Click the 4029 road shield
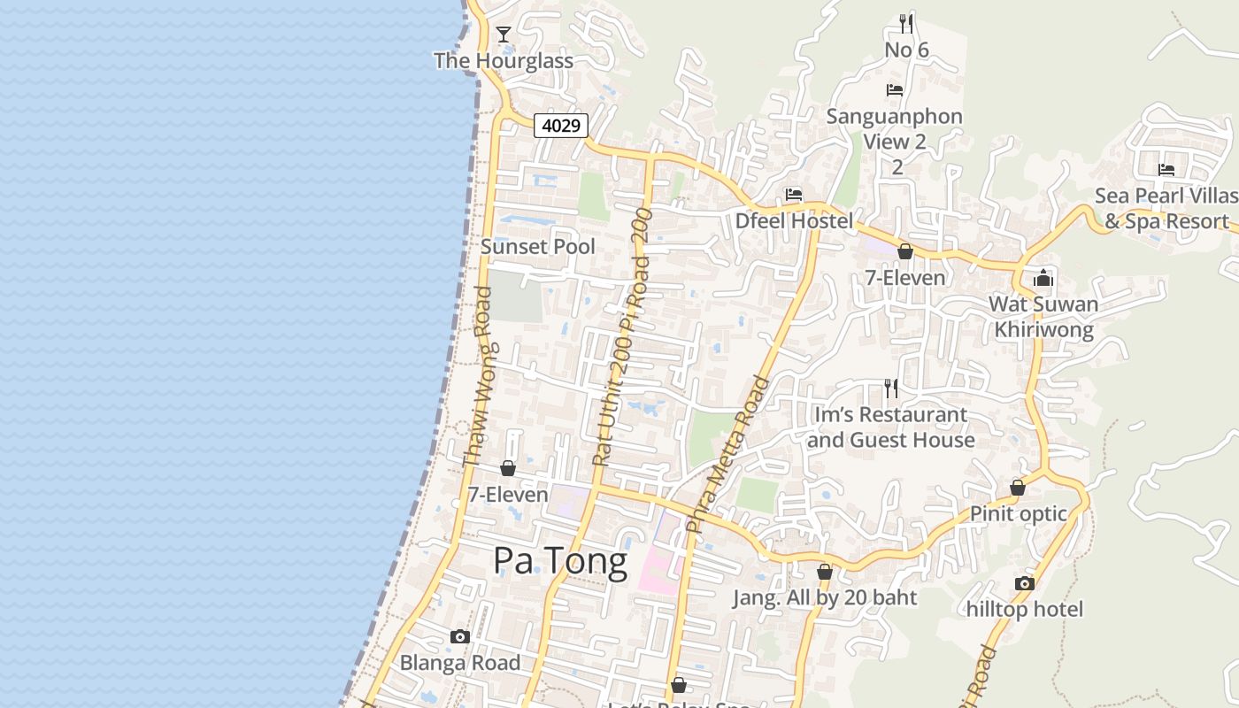[x=561, y=126]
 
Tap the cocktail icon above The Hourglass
[x=504, y=35]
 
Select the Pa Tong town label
[x=559, y=560]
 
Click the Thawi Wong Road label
[x=478, y=376]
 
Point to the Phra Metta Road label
[x=728, y=454]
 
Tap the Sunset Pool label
[x=537, y=246]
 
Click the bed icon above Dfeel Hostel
[x=794, y=195]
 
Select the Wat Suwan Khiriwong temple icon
[x=1043, y=279]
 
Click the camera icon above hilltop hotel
[x=1025, y=583]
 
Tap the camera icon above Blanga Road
[x=459, y=636]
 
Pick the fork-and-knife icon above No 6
[x=905, y=23]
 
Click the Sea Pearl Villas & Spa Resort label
[x=1166, y=208]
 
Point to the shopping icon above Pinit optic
[x=1018, y=488]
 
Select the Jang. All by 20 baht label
[x=824, y=597]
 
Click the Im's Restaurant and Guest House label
[x=890, y=427]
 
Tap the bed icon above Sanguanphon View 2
[x=895, y=90]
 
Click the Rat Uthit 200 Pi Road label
[x=622, y=336]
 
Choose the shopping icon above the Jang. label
[x=825, y=573]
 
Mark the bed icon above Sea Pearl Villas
[x=1166, y=170]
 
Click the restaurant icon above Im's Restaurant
[x=891, y=388]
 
